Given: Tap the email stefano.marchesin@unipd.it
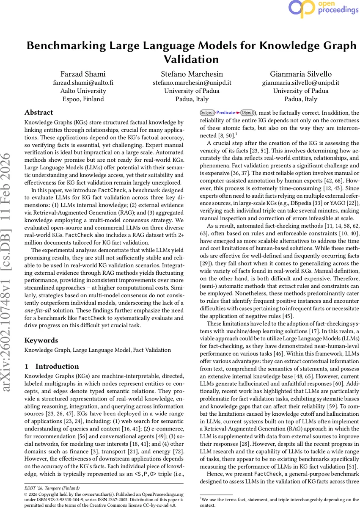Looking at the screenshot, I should (192, 83).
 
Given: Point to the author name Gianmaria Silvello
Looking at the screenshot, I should (300, 74).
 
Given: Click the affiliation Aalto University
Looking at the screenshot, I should (83, 91).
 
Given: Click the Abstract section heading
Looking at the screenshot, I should (39, 113).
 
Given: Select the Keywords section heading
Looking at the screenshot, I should (41, 340).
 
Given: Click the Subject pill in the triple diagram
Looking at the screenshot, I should (207, 113).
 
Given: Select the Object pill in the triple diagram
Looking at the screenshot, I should (247, 113).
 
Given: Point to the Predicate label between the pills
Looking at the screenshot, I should (225, 113).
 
